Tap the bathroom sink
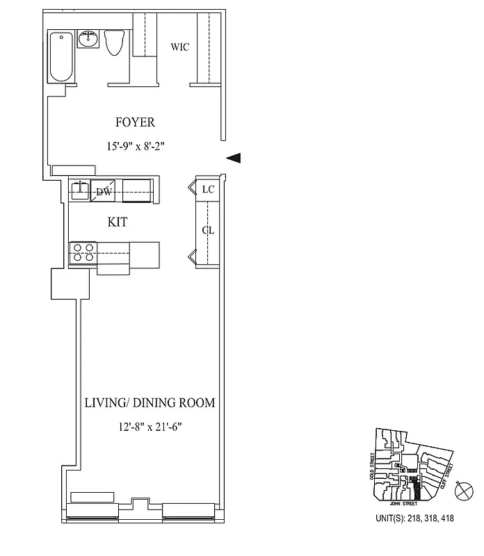[x=88, y=40]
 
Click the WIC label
[x=180, y=47]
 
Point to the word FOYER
[x=135, y=122]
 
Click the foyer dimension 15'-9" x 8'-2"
[x=135, y=146]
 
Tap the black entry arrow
[x=234, y=158]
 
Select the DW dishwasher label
[x=104, y=192]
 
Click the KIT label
[x=118, y=222]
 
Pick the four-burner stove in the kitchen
[x=83, y=252]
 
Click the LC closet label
[x=207, y=189]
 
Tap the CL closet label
[x=207, y=231]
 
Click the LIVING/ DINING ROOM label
[x=150, y=403]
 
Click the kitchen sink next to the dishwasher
[x=79, y=190]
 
